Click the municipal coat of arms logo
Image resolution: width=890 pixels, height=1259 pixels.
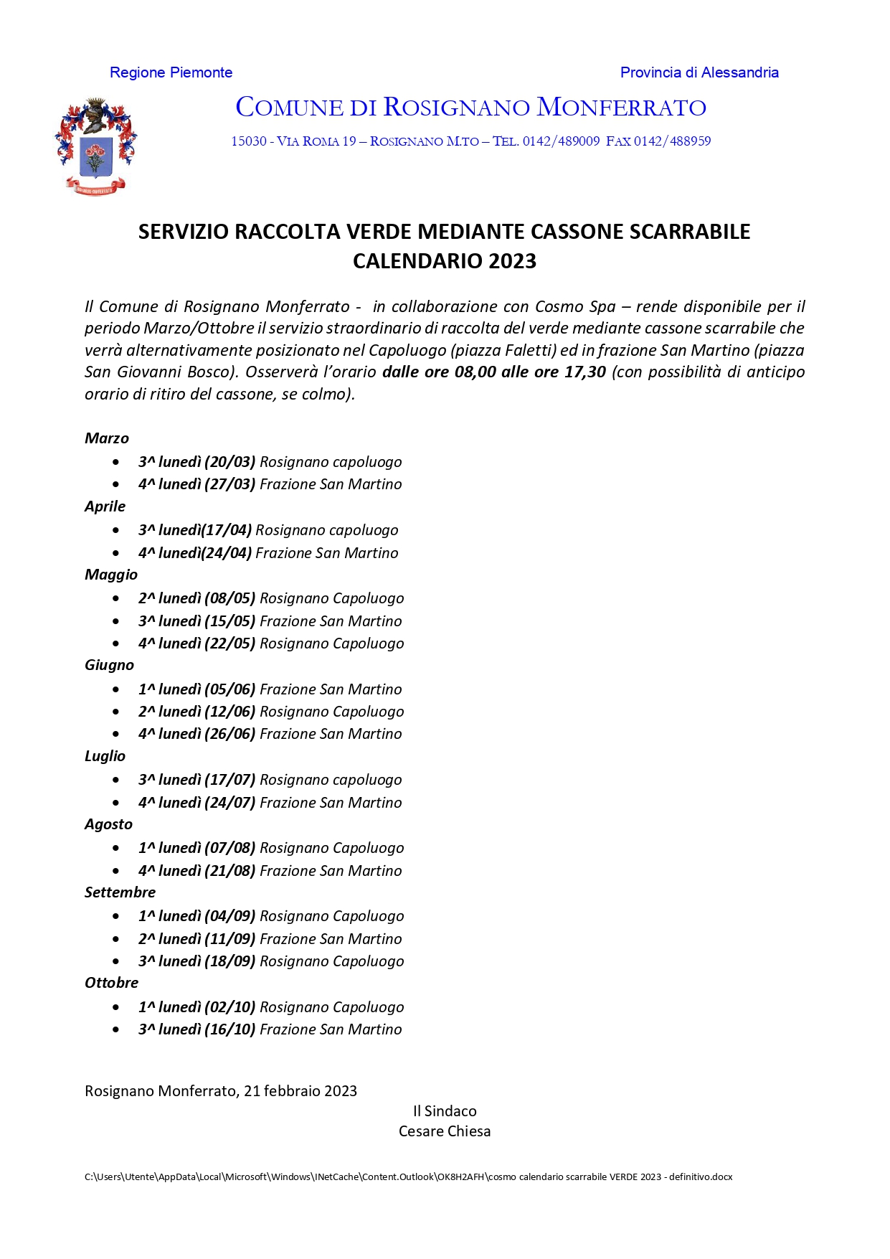click(x=95, y=146)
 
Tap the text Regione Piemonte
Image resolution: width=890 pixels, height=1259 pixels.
click(x=171, y=72)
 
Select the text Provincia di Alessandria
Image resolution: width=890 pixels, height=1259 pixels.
click(x=699, y=72)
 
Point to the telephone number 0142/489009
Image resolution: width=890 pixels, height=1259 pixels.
click(x=561, y=141)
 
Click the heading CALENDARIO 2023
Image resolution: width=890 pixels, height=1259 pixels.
click(x=444, y=260)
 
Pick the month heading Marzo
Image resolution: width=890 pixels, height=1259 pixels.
click(x=107, y=438)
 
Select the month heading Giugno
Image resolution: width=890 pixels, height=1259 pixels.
click(x=109, y=665)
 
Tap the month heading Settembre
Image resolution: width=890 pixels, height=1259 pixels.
click(x=120, y=892)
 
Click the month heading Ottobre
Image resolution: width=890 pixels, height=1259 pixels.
click(x=111, y=983)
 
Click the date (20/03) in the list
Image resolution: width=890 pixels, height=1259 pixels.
click(x=230, y=462)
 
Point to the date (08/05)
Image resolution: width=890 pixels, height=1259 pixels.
click(x=230, y=598)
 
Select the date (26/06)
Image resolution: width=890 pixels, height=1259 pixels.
click(x=230, y=734)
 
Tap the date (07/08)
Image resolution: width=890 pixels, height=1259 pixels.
click(x=230, y=848)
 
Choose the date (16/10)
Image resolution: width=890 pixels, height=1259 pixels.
click(x=230, y=1029)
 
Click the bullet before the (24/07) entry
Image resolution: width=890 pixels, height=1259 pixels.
click(x=116, y=803)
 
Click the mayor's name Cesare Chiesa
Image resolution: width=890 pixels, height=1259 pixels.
click(x=445, y=1131)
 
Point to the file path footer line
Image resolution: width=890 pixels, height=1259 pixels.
click(x=408, y=1177)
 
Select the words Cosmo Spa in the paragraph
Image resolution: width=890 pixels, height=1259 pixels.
click(x=575, y=306)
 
